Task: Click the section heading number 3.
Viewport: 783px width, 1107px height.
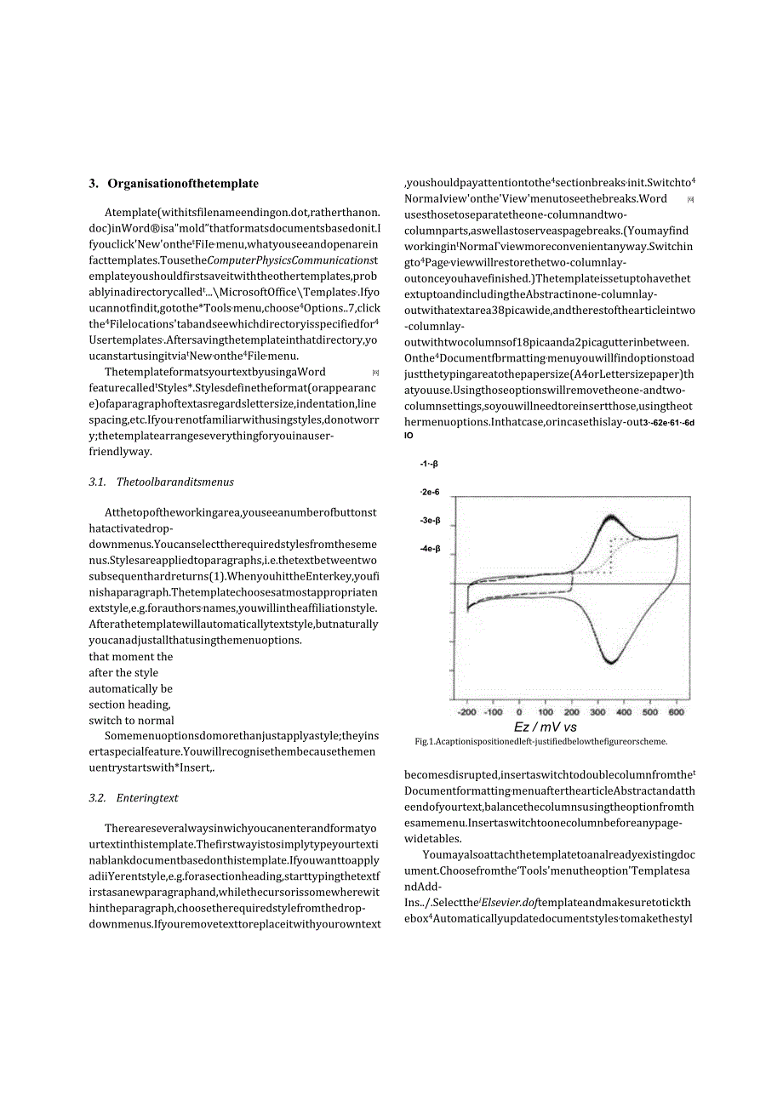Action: [93, 184]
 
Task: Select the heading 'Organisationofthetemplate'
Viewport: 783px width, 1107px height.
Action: [183, 184]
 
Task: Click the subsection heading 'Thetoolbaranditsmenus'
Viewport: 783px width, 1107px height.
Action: [174, 482]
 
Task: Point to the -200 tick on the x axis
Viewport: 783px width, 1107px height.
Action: [467, 712]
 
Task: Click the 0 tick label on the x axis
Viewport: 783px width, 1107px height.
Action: [519, 712]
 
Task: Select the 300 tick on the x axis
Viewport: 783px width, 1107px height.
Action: [598, 712]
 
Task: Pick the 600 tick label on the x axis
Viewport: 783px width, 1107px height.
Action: [676, 712]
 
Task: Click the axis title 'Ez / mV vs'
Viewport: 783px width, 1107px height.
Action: [546, 728]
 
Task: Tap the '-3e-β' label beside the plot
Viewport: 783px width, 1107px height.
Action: [430, 521]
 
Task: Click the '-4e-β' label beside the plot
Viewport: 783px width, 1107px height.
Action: [430, 549]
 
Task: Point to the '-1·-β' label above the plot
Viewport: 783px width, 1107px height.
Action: [428, 464]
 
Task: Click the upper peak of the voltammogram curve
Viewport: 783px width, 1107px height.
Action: [612, 517]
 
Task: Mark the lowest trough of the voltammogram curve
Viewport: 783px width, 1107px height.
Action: [610, 662]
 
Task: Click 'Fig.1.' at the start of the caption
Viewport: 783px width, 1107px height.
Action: [425, 741]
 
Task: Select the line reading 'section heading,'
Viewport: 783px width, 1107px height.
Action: [129, 705]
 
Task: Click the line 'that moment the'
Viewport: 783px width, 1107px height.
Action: [130, 657]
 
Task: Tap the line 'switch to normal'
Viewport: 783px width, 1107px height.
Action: [131, 721]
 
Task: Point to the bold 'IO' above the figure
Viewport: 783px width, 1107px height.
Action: [409, 436]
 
